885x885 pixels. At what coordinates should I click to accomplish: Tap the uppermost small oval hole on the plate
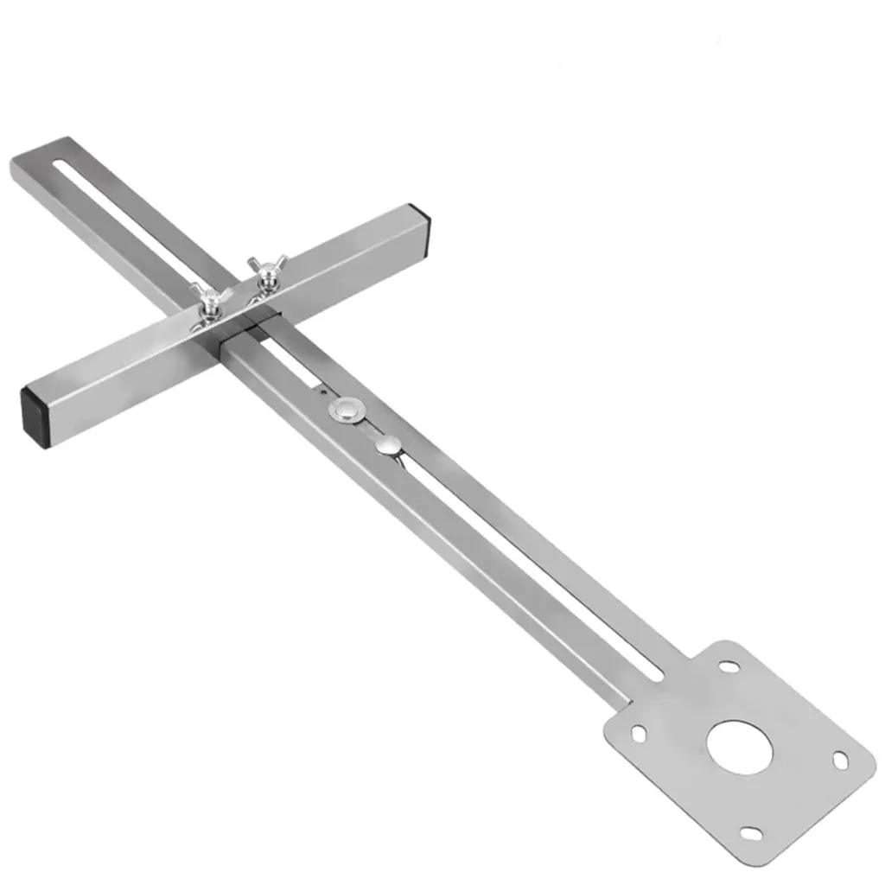(729, 667)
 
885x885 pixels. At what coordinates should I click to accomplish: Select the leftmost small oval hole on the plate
(639, 734)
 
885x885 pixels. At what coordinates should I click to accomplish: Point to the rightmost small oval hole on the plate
(840, 760)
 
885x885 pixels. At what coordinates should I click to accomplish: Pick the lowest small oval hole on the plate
(752, 833)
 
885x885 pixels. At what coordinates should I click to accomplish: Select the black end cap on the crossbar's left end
(34, 413)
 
